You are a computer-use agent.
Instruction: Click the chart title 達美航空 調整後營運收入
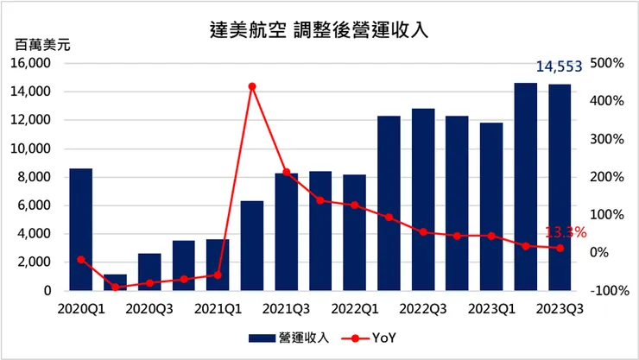click(319, 28)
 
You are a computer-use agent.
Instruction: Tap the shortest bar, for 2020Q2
click(115, 282)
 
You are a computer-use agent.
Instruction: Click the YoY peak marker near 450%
click(252, 86)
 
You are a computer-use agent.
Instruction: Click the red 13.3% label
click(566, 231)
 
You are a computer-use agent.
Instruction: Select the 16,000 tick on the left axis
click(34, 64)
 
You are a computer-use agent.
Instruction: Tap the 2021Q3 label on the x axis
click(287, 307)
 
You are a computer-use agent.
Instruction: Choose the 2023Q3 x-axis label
click(559, 307)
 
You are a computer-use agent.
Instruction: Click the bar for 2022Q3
click(423, 199)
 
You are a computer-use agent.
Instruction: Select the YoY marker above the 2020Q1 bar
click(81, 259)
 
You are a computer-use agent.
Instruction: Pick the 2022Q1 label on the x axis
click(355, 307)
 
